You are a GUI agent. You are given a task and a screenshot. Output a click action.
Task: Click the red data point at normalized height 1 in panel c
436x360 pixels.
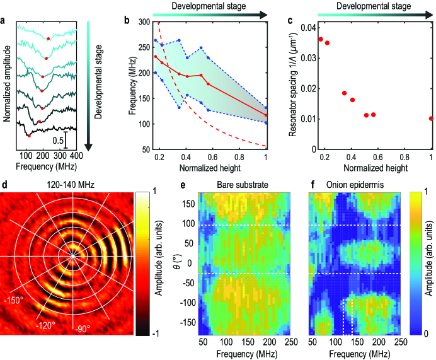pyautogui.click(x=431, y=118)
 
